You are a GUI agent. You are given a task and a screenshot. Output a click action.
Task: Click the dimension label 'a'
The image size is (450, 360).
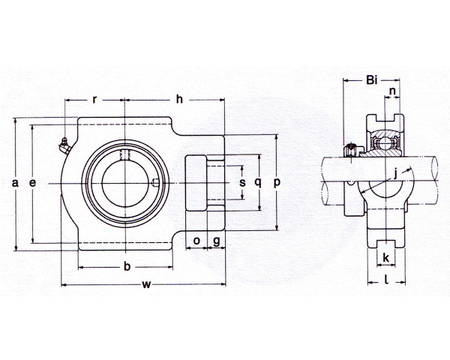(15, 182)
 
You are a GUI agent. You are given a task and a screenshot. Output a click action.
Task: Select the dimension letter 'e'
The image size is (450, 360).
(33, 182)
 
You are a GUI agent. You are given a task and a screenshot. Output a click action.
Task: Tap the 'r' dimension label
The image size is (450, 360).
(94, 100)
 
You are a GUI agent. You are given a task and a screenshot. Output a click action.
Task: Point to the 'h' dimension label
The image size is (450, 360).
(179, 99)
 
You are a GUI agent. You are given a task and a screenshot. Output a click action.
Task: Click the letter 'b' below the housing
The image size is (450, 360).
(127, 266)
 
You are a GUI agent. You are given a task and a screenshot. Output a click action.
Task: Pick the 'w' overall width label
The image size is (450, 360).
(146, 284)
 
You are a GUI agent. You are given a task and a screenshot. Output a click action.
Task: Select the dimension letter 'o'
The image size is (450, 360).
(196, 241)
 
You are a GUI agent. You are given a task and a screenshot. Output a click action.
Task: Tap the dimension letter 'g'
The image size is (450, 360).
(217, 241)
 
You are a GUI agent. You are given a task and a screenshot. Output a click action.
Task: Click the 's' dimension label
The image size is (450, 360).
(243, 182)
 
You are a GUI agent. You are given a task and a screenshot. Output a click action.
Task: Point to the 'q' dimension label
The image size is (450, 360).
(258, 182)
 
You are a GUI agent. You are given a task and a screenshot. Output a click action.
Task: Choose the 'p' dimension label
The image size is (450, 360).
(277, 182)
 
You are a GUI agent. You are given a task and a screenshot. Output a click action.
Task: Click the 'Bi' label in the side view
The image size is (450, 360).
(372, 80)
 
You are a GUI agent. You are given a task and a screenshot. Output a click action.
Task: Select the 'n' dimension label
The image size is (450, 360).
(392, 91)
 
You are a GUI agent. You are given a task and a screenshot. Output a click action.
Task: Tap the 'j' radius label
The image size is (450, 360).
(395, 173)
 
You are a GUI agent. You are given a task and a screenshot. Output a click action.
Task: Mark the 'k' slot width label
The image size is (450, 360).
(386, 257)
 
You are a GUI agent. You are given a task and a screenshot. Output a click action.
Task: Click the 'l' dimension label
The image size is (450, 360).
(386, 279)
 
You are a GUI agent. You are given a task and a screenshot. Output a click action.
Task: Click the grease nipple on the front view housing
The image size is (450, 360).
(65, 146)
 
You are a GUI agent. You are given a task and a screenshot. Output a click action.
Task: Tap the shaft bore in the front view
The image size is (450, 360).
(125, 183)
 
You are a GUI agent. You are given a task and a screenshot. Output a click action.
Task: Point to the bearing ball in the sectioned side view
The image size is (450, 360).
(385, 142)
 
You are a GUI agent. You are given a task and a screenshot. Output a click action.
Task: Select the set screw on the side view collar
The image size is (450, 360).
(351, 150)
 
